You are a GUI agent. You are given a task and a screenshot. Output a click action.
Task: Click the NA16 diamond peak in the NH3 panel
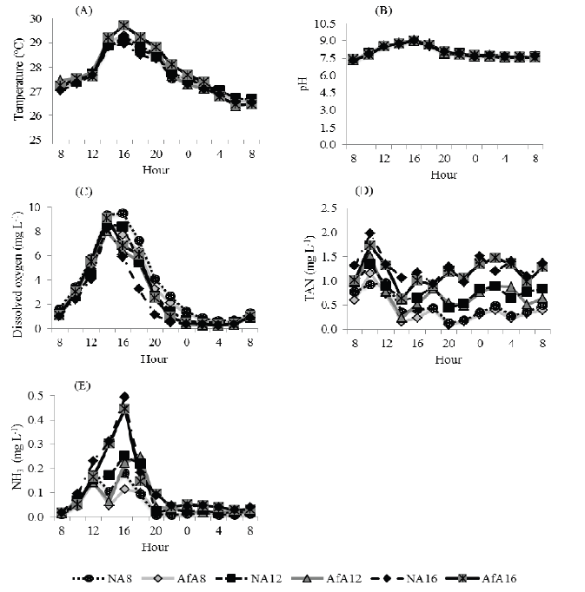point(124,397)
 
